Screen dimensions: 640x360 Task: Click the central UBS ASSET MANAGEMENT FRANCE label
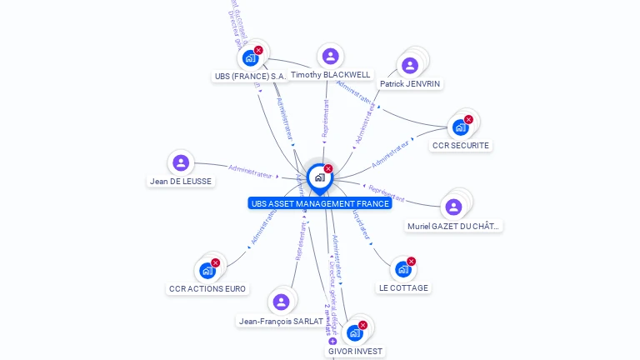(x=319, y=203)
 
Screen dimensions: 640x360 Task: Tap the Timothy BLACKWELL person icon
(x=330, y=57)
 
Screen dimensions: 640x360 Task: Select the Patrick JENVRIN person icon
(x=409, y=65)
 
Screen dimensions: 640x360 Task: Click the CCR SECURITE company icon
(x=459, y=127)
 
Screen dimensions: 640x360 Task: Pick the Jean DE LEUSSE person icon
(x=181, y=163)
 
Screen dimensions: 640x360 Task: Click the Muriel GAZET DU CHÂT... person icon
(x=453, y=207)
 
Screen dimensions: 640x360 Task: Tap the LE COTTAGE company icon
(x=403, y=269)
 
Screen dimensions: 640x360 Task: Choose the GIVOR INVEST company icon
(x=354, y=333)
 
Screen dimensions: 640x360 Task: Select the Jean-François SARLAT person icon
(x=281, y=302)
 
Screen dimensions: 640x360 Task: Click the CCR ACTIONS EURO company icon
(x=207, y=271)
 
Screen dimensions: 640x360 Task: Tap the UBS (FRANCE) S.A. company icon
(x=250, y=58)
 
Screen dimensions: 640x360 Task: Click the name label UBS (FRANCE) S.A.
(x=250, y=76)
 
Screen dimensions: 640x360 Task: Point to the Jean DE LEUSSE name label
(x=181, y=181)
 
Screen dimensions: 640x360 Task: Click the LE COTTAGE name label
(x=403, y=287)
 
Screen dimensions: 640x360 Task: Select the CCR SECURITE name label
(x=460, y=145)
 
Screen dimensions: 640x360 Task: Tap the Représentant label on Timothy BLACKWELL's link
(x=326, y=118)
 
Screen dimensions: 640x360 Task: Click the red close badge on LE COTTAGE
(x=411, y=262)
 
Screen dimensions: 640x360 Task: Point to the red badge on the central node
(x=328, y=169)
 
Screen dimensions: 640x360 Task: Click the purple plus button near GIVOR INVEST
(x=332, y=341)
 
